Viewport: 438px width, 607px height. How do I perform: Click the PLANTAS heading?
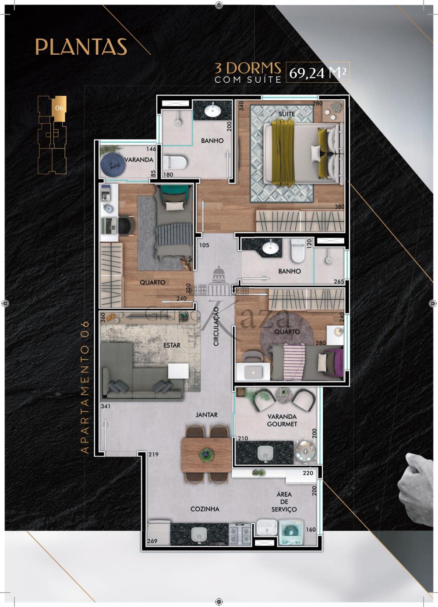pyautogui.click(x=81, y=47)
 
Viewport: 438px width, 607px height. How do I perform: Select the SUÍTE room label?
pyautogui.click(x=287, y=114)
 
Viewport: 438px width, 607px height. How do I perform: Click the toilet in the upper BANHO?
pyautogui.click(x=176, y=162)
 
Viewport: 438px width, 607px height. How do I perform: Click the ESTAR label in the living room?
pyautogui.click(x=172, y=345)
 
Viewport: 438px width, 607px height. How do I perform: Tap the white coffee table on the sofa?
pyautogui.click(x=178, y=371)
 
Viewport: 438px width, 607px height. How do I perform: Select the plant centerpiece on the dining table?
pyautogui.click(x=206, y=454)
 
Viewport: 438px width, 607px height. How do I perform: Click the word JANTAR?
pyautogui.click(x=206, y=414)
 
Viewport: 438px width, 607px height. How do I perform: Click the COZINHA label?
pyautogui.click(x=205, y=509)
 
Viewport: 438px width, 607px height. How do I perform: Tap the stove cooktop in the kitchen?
pyautogui.click(x=240, y=534)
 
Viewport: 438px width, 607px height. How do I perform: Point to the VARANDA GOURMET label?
pyautogui.click(x=282, y=420)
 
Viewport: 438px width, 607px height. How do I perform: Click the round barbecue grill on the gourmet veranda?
pyautogui.click(x=304, y=450)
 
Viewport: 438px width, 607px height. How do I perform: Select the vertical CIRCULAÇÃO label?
pyautogui.click(x=216, y=326)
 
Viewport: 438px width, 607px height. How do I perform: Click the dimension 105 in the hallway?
pyautogui.click(x=204, y=245)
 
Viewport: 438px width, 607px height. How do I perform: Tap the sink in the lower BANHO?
pyautogui.click(x=270, y=249)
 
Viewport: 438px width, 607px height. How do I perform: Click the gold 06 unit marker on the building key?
pyautogui.click(x=60, y=108)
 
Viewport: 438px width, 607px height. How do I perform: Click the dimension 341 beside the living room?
pyautogui.click(x=105, y=406)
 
